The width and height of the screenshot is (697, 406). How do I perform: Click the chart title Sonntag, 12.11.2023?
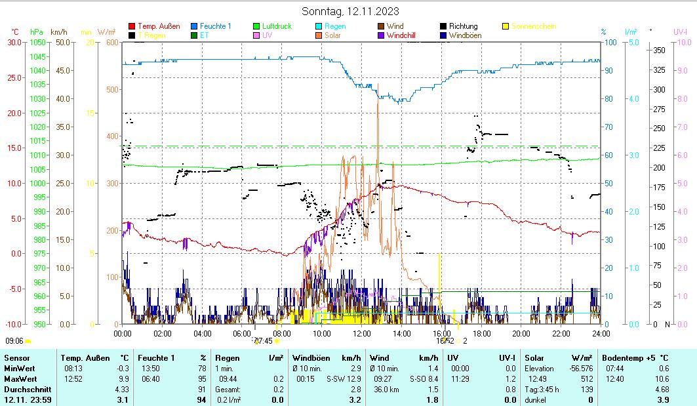(350, 11)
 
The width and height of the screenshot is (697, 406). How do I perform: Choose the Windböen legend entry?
(464, 35)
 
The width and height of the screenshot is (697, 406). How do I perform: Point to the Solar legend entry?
(333, 35)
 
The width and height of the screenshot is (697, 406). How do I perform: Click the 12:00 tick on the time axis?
(362, 333)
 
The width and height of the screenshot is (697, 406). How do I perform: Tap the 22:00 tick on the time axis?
(561, 333)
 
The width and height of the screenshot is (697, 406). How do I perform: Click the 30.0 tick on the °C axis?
(14, 42)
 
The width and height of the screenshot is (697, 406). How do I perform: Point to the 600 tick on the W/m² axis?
(111, 42)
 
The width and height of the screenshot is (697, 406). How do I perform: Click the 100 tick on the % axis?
(610, 42)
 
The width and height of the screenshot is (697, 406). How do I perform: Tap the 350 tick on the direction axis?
(660, 50)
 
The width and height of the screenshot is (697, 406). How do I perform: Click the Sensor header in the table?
(17, 358)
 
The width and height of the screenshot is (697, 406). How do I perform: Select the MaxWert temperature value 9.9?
(123, 379)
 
